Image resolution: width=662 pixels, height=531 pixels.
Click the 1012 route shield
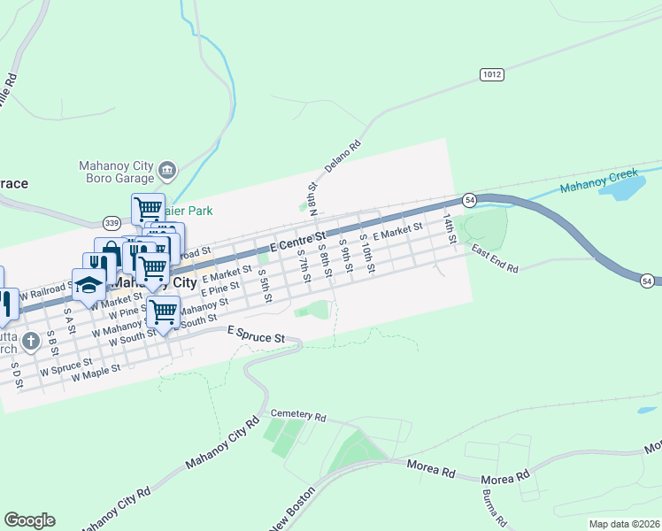(493, 75)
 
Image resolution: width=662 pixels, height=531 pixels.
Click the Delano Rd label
(343, 155)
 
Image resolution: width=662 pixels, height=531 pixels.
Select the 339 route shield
(112, 222)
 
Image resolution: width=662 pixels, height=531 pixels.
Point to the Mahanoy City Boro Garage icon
(166, 169)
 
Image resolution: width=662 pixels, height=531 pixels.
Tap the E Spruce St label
(256, 335)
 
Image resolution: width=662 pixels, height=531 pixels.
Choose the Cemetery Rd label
(298, 415)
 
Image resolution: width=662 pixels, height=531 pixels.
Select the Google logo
(29, 520)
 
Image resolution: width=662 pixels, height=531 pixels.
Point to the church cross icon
(30, 341)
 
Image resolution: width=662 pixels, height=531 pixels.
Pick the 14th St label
(449, 227)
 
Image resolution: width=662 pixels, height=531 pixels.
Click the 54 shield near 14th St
(470, 202)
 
